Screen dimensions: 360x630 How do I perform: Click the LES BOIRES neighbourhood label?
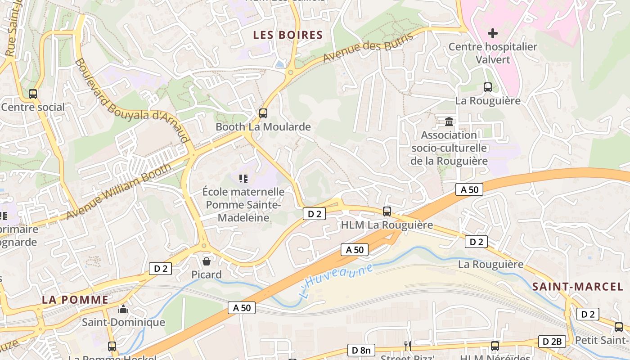[288, 35]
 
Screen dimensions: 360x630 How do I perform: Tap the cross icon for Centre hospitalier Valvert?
[493, 33]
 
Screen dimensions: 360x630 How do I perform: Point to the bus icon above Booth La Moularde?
[263, 113]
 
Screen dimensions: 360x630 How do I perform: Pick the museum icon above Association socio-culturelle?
[449, 121]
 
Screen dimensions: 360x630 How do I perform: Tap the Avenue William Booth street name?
[119, 191]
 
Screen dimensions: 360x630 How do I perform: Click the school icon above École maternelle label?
[243, 179]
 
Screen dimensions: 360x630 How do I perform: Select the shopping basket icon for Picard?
[207, 261]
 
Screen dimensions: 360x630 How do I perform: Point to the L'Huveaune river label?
[337, 280]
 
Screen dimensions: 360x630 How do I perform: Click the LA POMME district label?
[76, 300]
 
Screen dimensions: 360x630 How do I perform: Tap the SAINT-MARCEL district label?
[578, 287]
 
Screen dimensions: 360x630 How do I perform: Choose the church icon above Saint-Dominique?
[123, 309]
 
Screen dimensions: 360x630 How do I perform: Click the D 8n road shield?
[361, 350]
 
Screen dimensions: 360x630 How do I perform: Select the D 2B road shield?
[552, 342]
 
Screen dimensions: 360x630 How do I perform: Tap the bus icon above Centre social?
[33, 94]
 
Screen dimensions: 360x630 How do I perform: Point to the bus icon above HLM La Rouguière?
[387, 211]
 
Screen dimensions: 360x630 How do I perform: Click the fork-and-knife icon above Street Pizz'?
[408, 346]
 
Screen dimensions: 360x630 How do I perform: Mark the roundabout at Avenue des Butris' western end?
[291, 72]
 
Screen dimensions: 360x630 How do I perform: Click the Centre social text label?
[33, 107]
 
